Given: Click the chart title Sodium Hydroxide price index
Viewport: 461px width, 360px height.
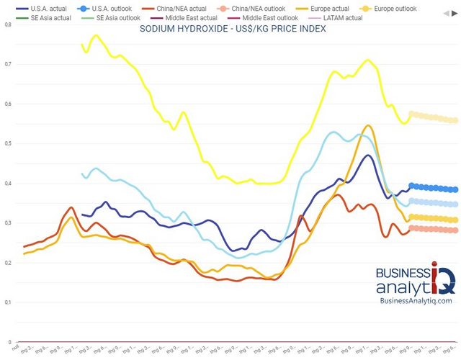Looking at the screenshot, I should click(233, 29).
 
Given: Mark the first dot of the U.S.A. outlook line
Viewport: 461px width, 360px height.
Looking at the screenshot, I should click(412, 186).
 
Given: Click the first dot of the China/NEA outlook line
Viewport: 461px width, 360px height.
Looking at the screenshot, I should click(412, 228).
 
